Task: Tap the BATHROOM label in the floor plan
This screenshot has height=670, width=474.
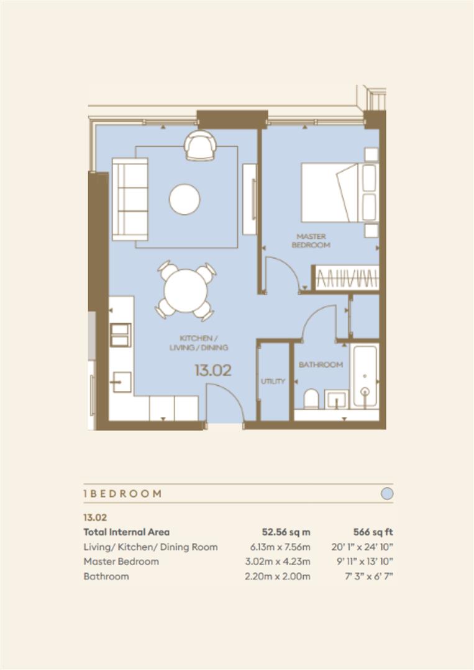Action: pos(321,365)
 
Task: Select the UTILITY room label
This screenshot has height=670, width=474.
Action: pos(272,381)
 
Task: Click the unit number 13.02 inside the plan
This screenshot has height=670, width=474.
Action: pos(212,371)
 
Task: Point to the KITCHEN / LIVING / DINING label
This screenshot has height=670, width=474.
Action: pos(198,342)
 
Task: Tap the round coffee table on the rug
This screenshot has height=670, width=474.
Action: pos(185,199)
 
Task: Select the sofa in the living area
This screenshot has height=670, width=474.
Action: pos(130,199)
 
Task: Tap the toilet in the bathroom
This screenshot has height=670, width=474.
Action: pos(311,398)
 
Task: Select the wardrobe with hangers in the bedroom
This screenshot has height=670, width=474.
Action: pos(347,277)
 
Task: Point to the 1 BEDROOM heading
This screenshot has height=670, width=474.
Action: pos(122,494)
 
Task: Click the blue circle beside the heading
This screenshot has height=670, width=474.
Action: pos(386,494)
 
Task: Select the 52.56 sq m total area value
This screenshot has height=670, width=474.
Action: pos(286,532)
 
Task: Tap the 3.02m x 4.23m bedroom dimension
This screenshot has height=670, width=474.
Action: pos(277,561)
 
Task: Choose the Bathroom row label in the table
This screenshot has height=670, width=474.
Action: pos(106,576)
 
